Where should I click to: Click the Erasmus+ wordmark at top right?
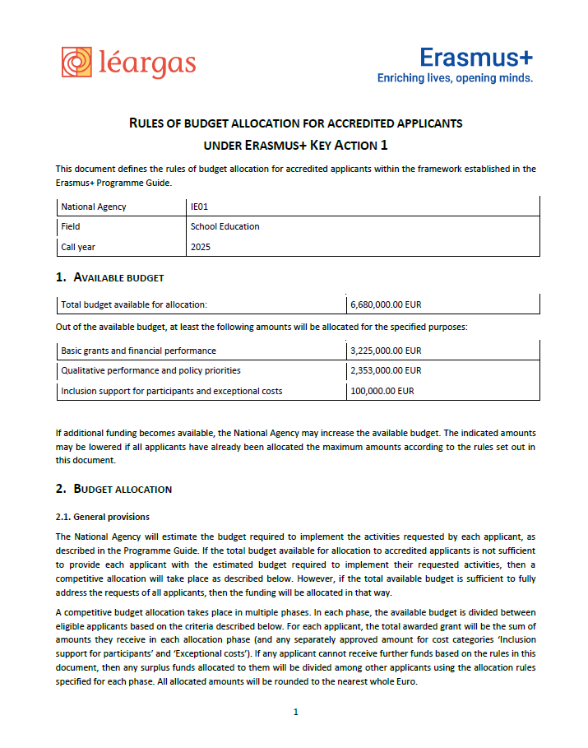point(475,57)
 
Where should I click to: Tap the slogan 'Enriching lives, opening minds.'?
point(455,78)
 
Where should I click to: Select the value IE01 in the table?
point(200,207)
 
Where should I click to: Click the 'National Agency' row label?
point(94,207)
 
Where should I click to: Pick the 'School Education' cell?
point(225,226)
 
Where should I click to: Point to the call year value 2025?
point(201,246)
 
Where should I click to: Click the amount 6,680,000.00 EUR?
point(386,304)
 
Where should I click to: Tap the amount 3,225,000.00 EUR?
point(386,351)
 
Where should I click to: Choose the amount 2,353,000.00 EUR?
point(386,370)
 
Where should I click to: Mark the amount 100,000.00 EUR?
point(382,391)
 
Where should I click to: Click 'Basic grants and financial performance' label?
point(138,351)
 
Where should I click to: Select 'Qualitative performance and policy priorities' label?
point(150,370)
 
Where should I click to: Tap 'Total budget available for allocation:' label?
point(134,304)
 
